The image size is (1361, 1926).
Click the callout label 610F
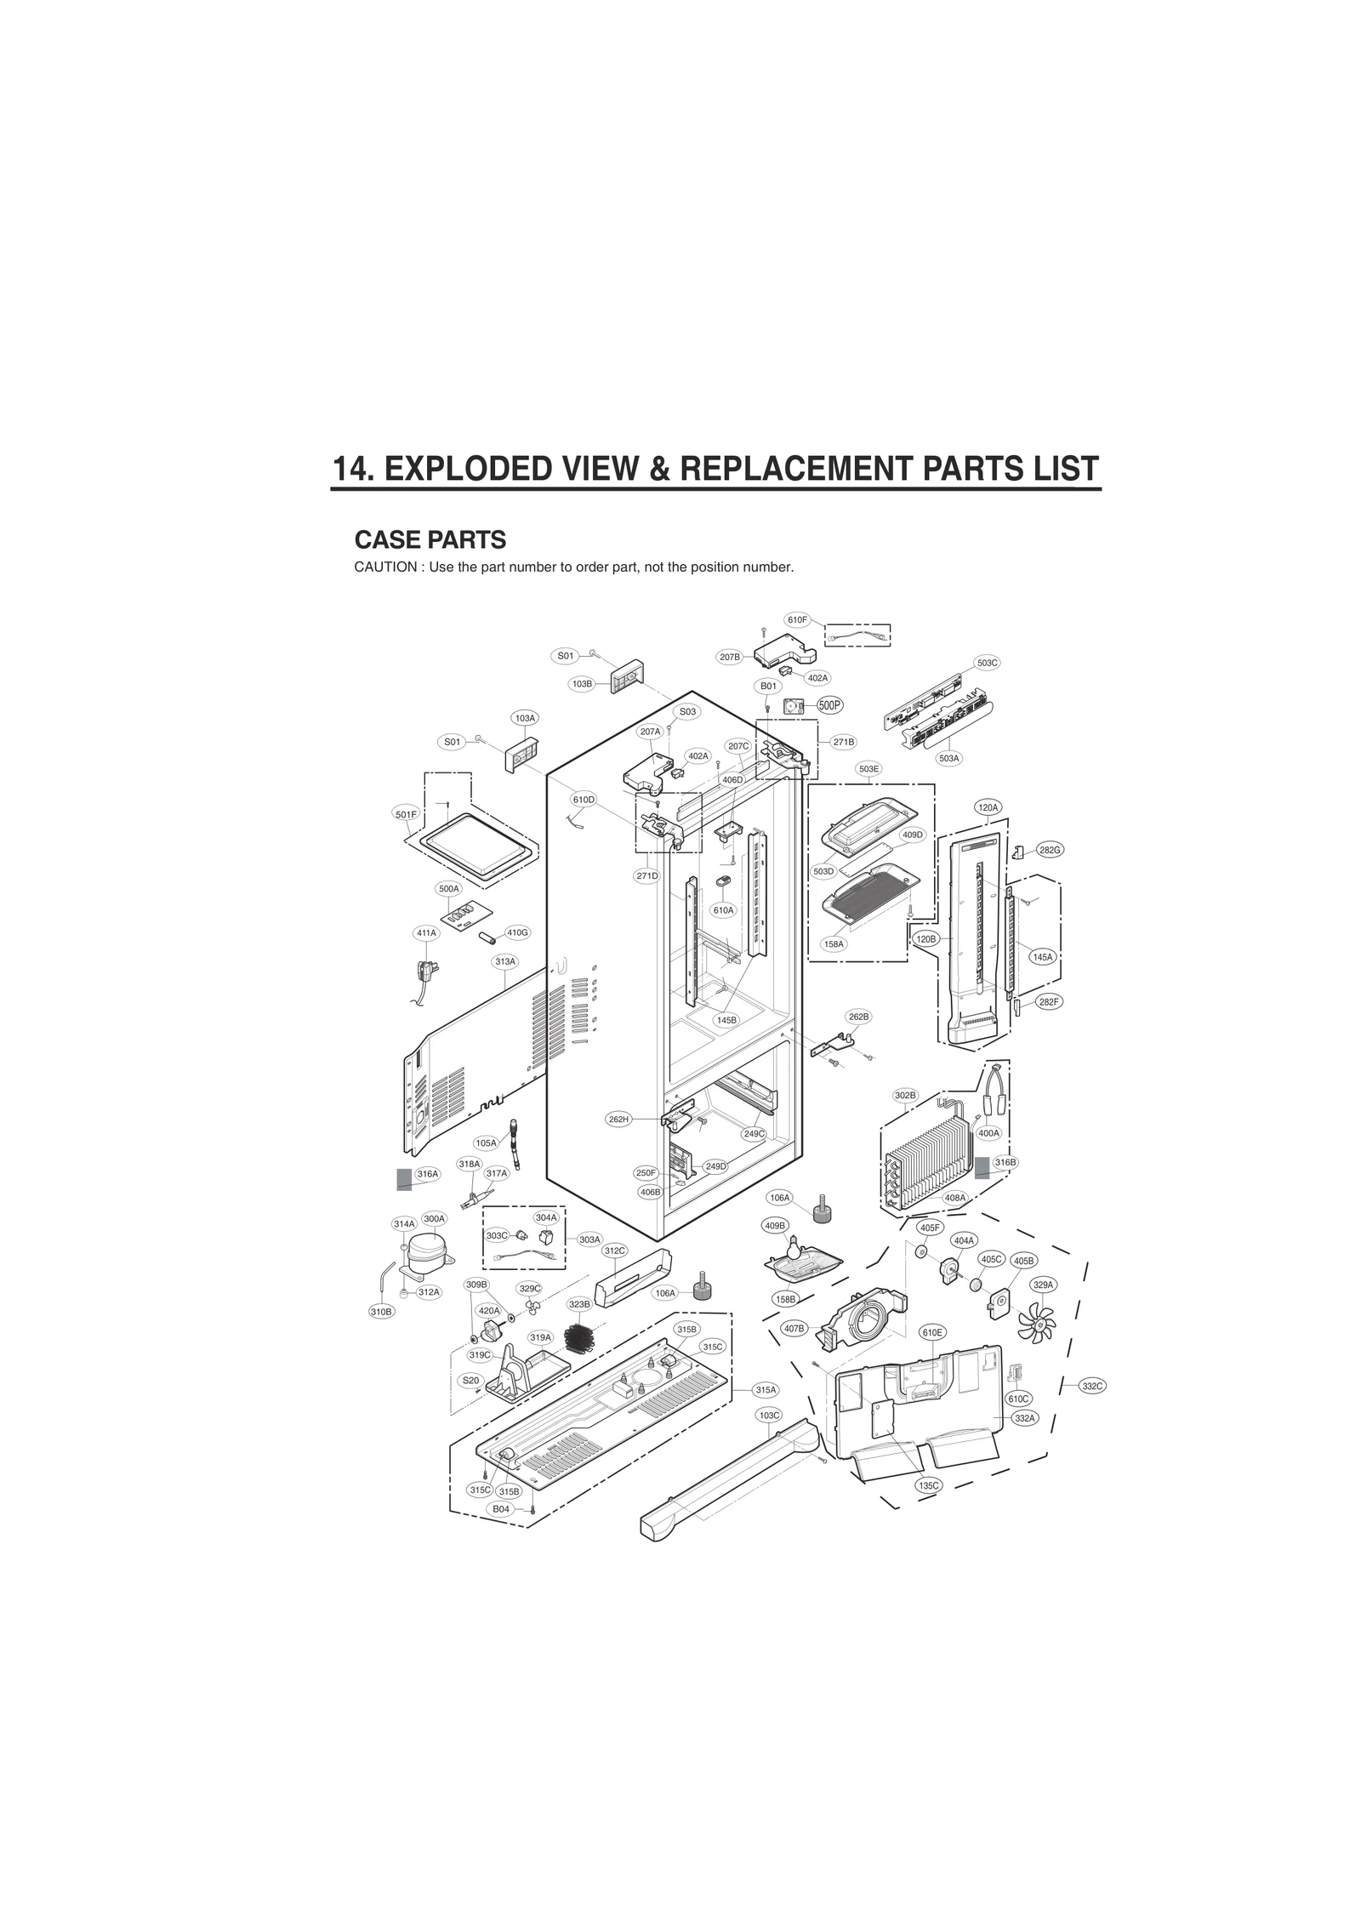(797, 619)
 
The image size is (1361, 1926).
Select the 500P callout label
(829, 705)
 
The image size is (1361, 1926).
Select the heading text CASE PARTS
(430, 540)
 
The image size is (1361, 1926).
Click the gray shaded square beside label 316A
(404, 1178)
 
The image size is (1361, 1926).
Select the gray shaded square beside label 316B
(982, 1165)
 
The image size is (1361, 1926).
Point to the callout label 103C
(768, 1415)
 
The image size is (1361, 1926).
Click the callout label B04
(501, 1508)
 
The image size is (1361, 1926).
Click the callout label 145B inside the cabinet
(726, 1019)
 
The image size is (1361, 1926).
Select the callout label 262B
(858, 1017)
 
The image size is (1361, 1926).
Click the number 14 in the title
(352, 469)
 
